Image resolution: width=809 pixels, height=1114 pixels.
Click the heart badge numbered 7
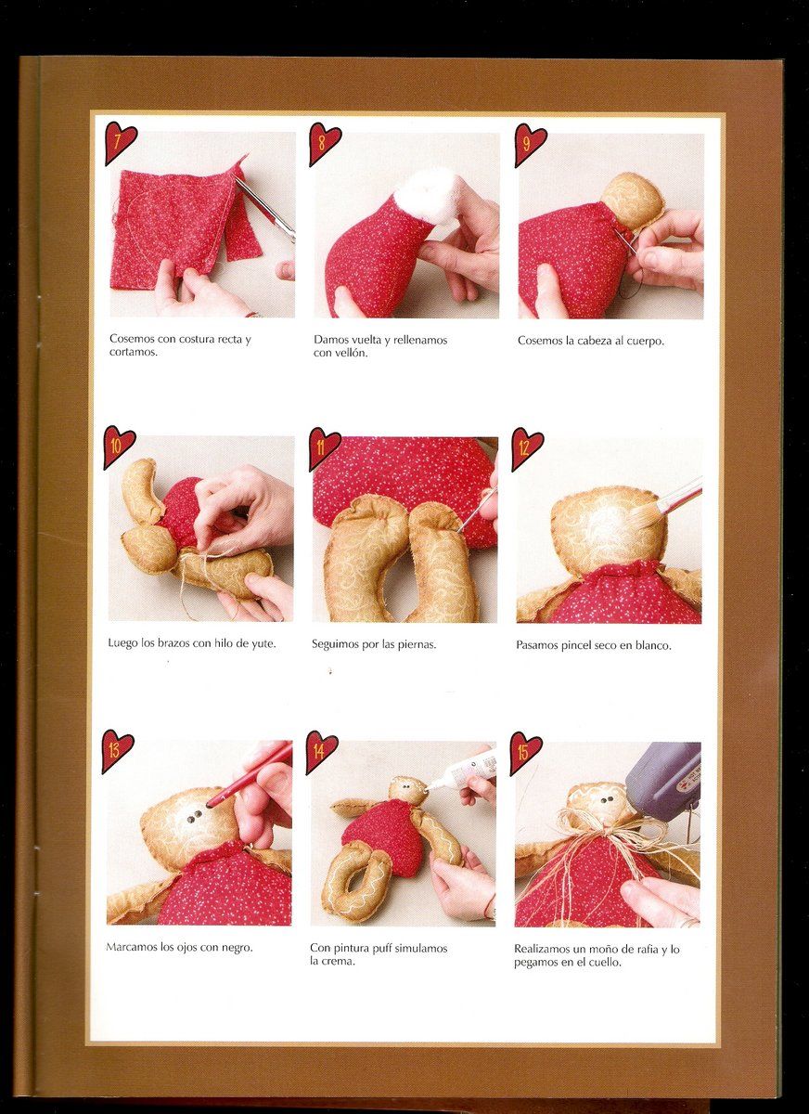click(x=120, y=143)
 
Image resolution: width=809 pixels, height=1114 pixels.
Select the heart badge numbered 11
click(x=324, y=447)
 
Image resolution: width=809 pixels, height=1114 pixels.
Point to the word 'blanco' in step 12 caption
click(x=653, y=646)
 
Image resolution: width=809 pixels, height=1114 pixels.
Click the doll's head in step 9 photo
click(x=632, y=200)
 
